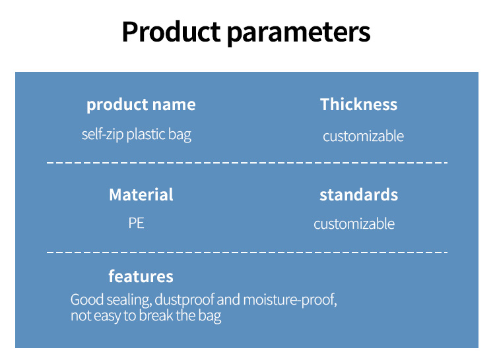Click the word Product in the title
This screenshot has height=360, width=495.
pos(171,32)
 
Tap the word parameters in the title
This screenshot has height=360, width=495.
pos(298,34)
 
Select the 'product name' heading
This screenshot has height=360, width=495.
pos(141,105)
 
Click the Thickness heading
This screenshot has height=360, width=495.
pos(358,104)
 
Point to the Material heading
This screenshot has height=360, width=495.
pos(141,195)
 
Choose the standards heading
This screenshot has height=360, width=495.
pos(358,195)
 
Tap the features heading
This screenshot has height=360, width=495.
pos(141,276)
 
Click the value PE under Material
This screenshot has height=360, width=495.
pos(137,224)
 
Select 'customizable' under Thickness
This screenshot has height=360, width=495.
pos(364,136)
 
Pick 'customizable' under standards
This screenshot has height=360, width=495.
pos(354,224)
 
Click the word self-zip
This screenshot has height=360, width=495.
pos(102,135)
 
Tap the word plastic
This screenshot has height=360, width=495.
pos(146,135)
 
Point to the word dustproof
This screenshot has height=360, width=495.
pos(185,300)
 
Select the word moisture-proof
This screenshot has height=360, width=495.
pos(290,299)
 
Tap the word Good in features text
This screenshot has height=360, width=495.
pos(87,299)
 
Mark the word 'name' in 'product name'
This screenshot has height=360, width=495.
pos(174,105)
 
